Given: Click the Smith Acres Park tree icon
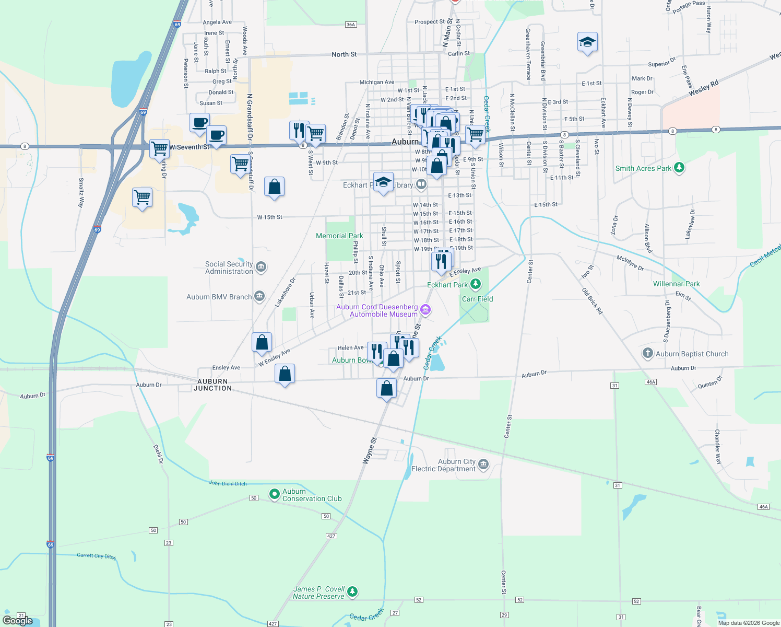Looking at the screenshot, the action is [679, 168].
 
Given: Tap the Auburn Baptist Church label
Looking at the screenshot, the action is [692, 354].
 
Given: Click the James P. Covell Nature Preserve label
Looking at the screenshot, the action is [318, 593].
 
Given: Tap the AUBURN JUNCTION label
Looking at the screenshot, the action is [212, 385].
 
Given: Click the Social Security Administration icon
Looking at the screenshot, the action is [262, 268].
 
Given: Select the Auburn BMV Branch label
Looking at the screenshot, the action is [219, 297].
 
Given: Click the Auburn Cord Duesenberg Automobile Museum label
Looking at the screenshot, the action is [377, 310].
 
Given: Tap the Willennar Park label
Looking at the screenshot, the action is [676, 284].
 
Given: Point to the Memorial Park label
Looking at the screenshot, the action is [339, 236].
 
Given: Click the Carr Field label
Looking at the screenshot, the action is [477, 299].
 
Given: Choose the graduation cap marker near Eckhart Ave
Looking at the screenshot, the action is [587, 42].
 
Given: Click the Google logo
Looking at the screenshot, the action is [18, 621].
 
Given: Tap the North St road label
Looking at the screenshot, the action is [344, 54].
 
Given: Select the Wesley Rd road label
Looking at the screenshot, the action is [703, 88].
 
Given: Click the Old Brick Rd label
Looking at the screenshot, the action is [593, 300].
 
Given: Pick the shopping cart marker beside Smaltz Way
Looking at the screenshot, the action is [142, 198].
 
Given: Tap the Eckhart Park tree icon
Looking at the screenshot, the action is [475, 284].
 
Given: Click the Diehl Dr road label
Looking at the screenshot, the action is [158, 454].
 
